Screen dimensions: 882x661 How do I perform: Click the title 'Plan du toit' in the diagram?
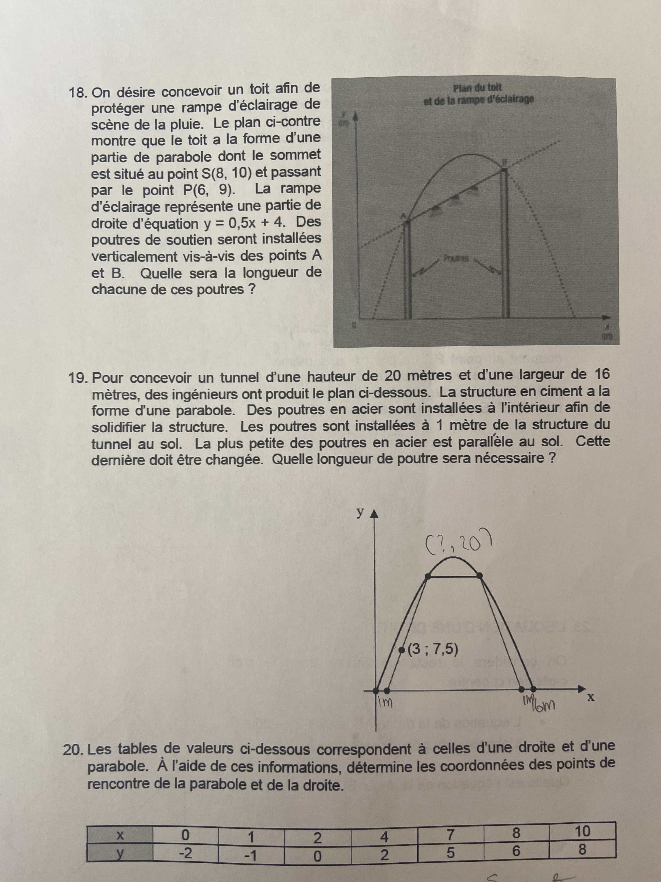pos(478,87)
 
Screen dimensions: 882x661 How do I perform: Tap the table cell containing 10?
pos(582,831)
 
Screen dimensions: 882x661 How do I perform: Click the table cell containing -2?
pos(185,853)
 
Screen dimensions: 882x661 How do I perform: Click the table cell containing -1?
pos(251,854)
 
